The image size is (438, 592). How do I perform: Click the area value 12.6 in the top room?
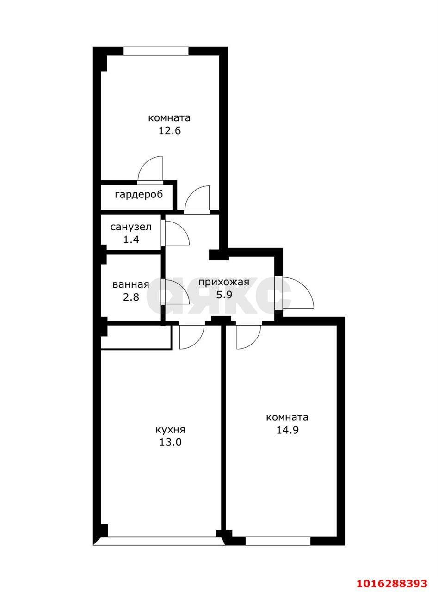169,130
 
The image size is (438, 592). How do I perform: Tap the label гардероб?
139,195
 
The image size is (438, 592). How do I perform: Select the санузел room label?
130,227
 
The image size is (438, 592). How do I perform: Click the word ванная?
130,284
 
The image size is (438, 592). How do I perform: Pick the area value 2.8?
130,297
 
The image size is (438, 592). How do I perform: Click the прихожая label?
223,282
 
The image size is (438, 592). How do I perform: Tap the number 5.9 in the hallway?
223,295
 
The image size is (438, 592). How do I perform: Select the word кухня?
170,430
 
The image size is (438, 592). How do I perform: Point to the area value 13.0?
170,442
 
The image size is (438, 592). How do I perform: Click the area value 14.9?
287,430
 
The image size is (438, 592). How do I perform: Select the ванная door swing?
176,292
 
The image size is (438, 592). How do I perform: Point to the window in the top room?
156,51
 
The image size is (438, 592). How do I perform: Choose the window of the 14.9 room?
278,541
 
